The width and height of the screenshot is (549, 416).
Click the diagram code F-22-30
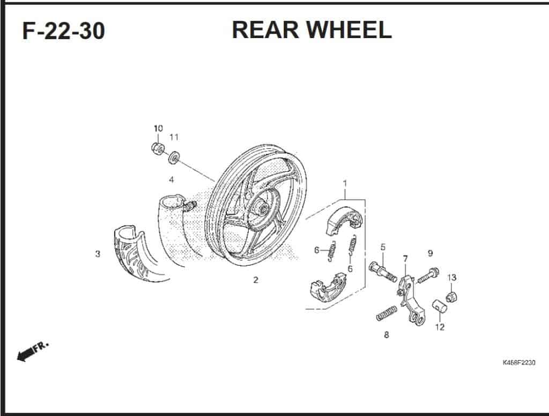click(x=63, y=32)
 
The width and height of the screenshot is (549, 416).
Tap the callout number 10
click(x=158, y=128)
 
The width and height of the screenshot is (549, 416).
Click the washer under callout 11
click(x=174, y=158)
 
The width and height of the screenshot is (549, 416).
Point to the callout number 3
click(x=98, y=254)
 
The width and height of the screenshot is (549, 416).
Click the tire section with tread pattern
click(x=134, y=255)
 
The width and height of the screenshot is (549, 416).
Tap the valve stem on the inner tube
click(x=190, y=205)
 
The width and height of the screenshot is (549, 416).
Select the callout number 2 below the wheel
click(x=256, y=280)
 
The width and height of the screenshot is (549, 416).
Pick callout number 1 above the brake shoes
click(x=345, y=183)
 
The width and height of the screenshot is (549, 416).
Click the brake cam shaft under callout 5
click(x=382, y=271)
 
